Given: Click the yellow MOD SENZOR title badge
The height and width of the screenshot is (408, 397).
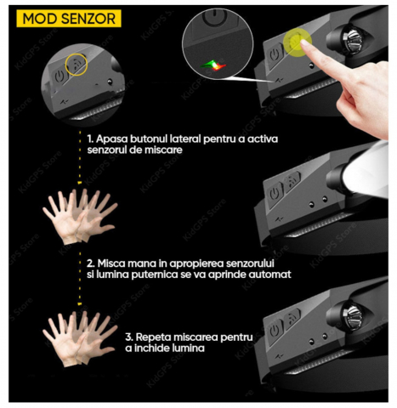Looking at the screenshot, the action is [69, 19].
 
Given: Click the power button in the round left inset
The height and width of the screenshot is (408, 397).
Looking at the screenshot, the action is [59, 77].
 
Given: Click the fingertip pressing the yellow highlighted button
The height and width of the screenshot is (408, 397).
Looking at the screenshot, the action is [304, 43].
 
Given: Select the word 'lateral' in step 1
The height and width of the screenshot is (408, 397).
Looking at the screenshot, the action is [185, 139].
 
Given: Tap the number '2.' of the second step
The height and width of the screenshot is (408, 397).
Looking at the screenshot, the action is [91, 263].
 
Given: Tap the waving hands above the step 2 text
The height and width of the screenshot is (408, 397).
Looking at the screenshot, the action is [80, 216].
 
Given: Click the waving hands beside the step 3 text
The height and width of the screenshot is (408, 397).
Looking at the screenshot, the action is [80, 337].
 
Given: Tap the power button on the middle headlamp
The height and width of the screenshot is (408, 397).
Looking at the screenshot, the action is [274, 195].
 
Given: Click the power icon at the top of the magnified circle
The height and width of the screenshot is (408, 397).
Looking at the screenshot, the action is [215, 16].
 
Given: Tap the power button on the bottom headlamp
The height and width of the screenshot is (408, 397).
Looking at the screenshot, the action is [274, 331].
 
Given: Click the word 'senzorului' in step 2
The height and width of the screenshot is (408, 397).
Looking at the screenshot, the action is [251, 263].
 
